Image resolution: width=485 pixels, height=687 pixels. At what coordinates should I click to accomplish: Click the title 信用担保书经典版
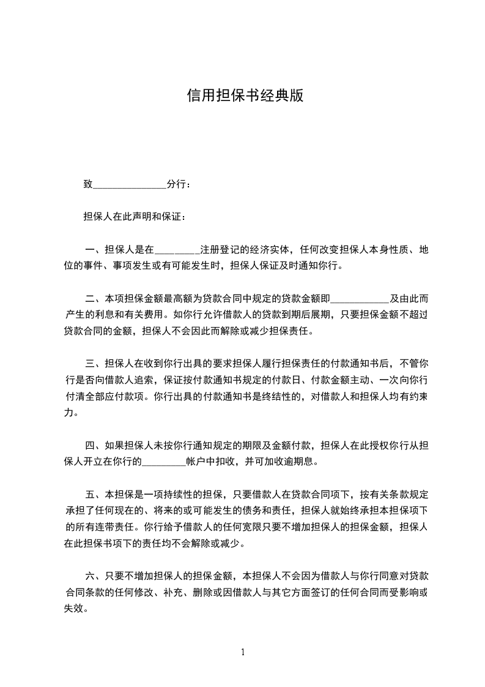tap(245, 96)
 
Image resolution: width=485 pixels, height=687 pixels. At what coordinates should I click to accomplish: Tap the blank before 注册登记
tap(177, 250)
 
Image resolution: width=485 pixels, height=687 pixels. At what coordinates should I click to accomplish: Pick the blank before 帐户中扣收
tap(163, 462)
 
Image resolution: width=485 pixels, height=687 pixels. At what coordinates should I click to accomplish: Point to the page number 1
tap(243, 652)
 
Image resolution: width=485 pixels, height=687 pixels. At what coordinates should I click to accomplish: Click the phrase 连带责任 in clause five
tap(115, 527)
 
